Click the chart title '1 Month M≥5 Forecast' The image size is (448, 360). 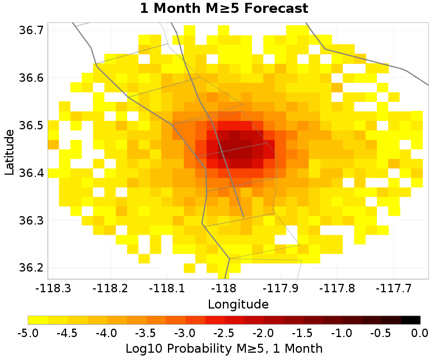(224, 9)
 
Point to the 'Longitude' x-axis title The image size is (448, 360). (238, 305)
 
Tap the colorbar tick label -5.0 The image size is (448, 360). (28, 334)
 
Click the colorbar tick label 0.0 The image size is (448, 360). (420, 334)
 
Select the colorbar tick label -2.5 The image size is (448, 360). (224, 334)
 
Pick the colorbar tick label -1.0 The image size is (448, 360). (342, 334)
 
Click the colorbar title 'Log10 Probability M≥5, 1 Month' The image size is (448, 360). (224, 348)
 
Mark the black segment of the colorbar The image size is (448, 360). (410, 320)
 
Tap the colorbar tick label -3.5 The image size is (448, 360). (146, 334)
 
